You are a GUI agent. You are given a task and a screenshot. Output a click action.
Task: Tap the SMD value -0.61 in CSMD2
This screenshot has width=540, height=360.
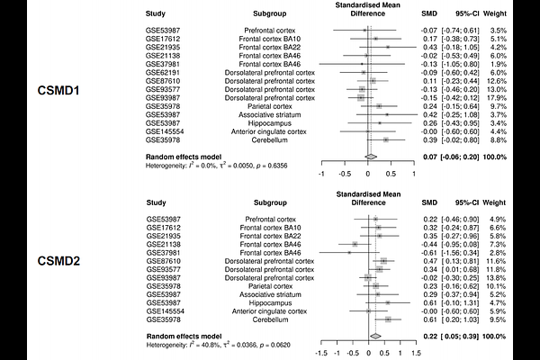click(428, 252)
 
